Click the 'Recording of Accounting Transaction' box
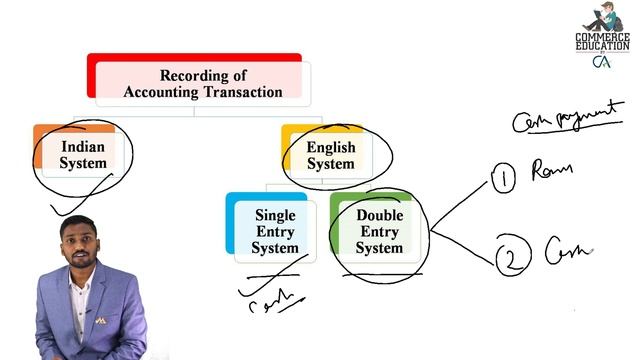pyautogui.click(x=201, y=83)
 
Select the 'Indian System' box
pyautogui.click(x=82, y=154)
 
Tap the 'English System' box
pyautogui.click(x=330, y=155)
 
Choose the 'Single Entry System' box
pyautogui.click(x=274, y=231)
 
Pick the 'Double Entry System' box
pyautogui.click(x=379, y=231)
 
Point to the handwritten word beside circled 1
pyautogui.click(x=553, y=171)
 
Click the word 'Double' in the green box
pyautogui.click(x=379, y=215)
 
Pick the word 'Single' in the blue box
pyautogui.click(x=275, y=215)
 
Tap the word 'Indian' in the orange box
pyautogui.click(x=82, y=146)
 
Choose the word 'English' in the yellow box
pyautogui.click(x=331, y=147)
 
